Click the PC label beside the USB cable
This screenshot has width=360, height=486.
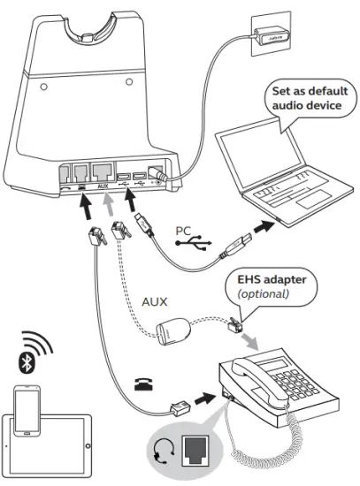click(183, 232)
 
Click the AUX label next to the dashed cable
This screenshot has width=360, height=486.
click(155, 300)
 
